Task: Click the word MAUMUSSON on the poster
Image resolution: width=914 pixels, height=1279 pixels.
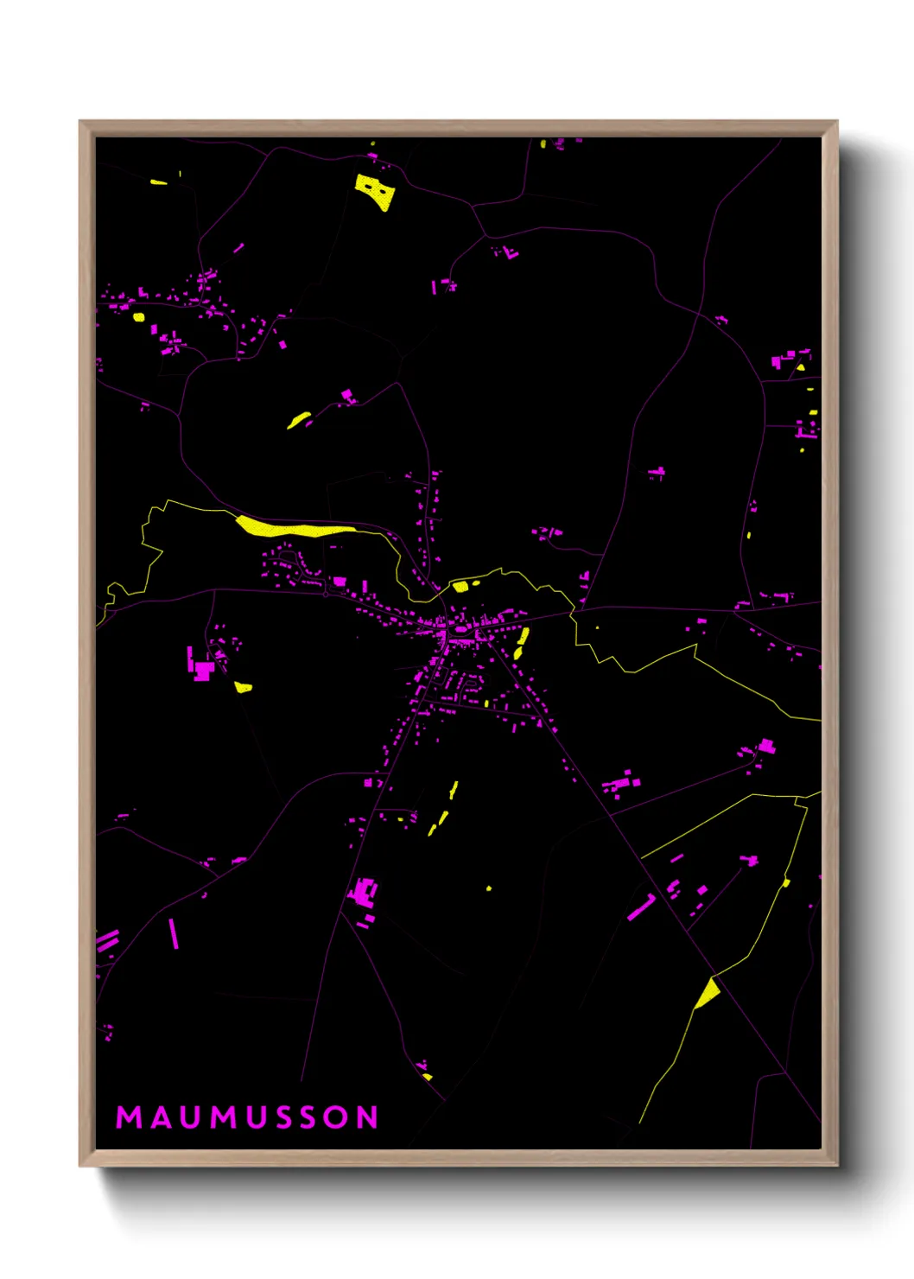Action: (247, 1117)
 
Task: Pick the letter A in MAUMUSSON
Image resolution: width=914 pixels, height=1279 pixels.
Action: (161, 1117)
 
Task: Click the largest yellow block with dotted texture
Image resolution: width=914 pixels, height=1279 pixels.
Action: (375, 191)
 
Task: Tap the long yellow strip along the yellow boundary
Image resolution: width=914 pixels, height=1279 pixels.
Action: (294, 527)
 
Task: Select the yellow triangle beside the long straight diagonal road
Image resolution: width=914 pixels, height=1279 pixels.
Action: (708, 994)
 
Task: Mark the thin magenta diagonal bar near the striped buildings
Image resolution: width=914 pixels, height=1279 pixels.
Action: (174, 933)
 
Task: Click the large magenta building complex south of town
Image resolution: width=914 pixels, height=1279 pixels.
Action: (364, 892)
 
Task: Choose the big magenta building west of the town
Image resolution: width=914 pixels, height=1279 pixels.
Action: (203, 671)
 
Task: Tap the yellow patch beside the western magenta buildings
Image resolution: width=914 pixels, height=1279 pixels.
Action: (244, 688)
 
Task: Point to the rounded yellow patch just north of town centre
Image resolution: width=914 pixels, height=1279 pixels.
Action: (460, 587)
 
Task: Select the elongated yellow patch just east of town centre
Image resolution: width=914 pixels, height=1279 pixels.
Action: (521, 643)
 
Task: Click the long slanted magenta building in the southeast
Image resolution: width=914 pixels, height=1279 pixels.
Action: (641, 907)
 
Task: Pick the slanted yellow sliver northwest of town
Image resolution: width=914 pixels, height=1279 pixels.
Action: (299, 421)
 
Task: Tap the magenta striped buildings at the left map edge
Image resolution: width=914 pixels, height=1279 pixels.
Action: (107, 940)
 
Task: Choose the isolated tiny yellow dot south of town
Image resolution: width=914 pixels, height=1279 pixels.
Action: (489, 888)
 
